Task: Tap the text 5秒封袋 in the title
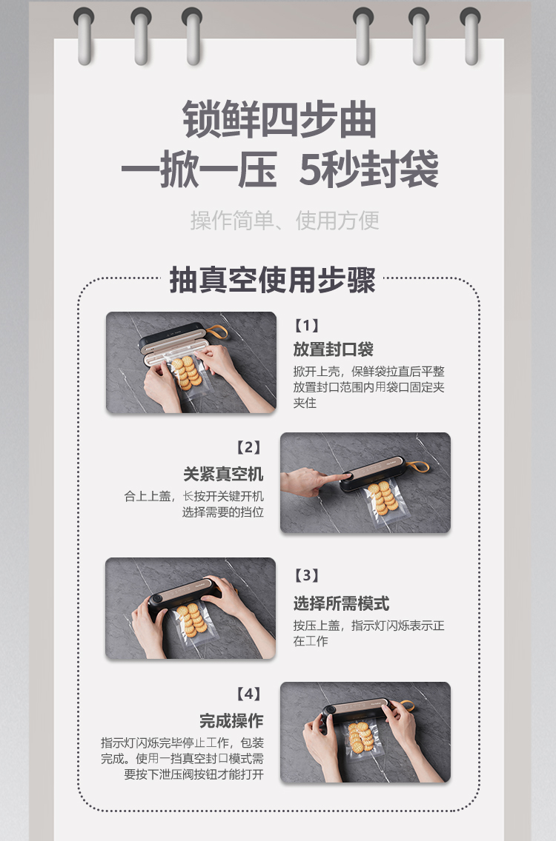(368, 170)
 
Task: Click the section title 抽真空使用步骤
(272, 281)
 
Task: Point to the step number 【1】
(306, 325)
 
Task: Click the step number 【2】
(248, 447)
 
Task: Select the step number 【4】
(248, 694)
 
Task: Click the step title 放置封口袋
(333, 349)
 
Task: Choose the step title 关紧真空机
(223, 474)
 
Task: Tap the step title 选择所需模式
(341, 603)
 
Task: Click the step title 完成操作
(231, 720)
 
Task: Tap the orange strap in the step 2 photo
(418, 467)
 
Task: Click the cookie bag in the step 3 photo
(192, 623)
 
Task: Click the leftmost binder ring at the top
(84, 35)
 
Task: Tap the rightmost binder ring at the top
(470, 35)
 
